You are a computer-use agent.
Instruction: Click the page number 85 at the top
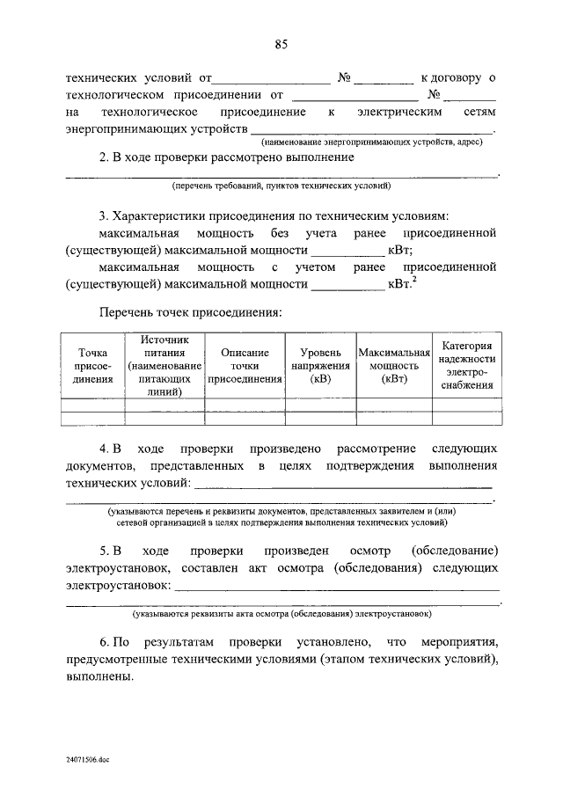281,43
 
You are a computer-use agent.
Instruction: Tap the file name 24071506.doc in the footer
87,757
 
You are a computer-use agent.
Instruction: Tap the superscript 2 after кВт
414,281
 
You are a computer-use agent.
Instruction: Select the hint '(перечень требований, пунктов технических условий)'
281,186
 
